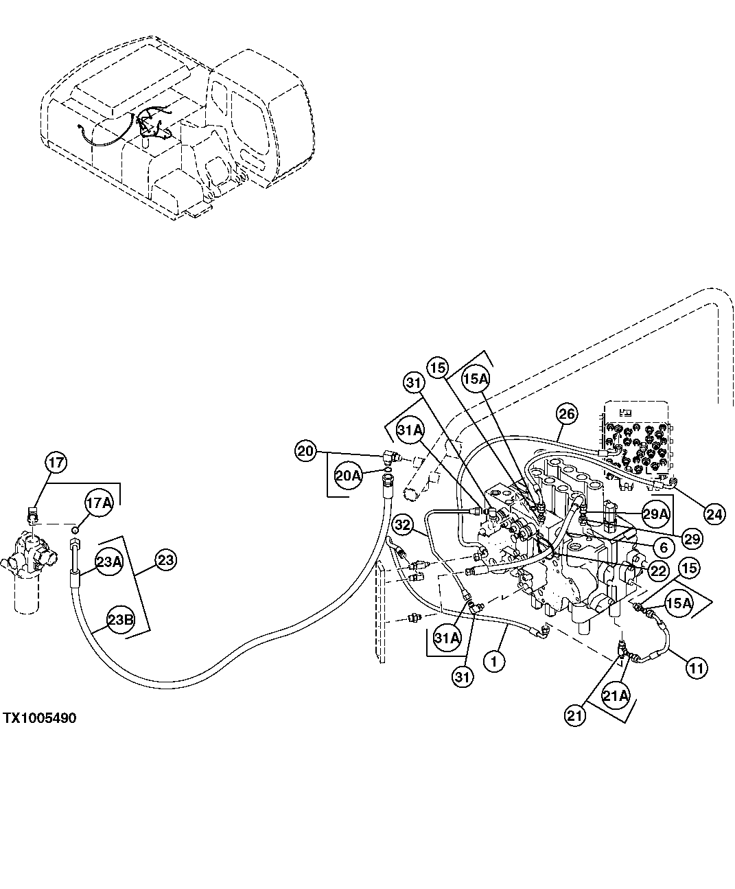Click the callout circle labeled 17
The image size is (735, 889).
pos(56,463)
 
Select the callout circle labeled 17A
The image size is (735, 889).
pos(98,504)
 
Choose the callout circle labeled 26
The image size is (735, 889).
pos(568,414)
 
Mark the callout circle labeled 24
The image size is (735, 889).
pos(714,514)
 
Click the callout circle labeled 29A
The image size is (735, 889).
pos(655,513)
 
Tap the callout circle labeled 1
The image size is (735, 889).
pos(494,661)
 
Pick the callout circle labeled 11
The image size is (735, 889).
pos(697,667)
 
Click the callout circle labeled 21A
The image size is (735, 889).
pos(615,696)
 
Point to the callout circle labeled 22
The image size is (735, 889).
pos(657,570)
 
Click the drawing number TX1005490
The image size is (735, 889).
pos(39,718)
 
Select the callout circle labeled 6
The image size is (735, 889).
pos(664,549)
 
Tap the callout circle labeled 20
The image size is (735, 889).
pos(306,451)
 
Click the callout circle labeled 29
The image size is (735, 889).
pos(692,539)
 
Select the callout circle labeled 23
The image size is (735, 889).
pos(165,560)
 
